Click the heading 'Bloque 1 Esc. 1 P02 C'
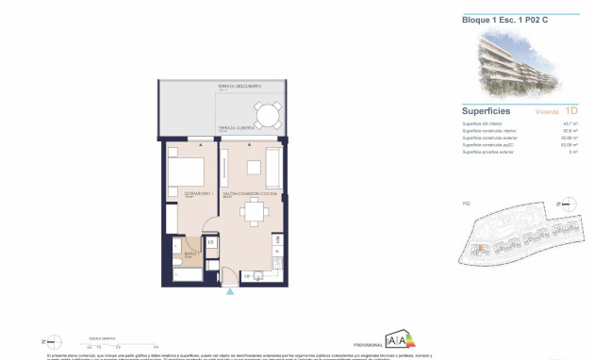click(x=498, y=20)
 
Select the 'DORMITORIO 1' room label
click(x=184, y=196)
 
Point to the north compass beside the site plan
click(x=562, y=203)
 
